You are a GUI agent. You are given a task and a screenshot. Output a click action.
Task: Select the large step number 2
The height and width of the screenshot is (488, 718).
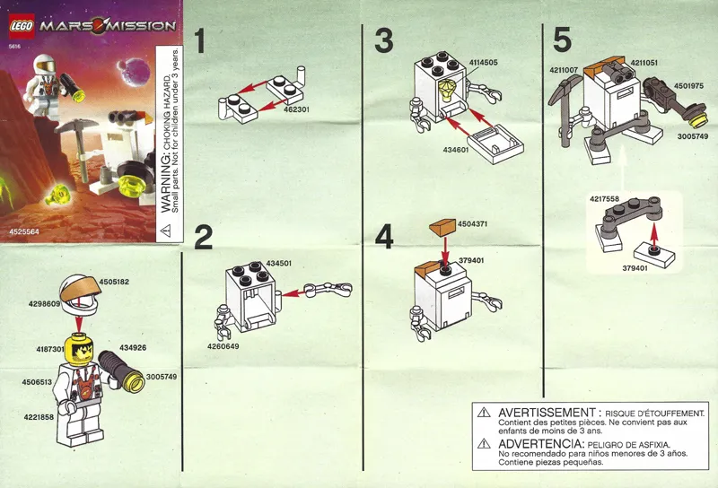click(x=204, y=237)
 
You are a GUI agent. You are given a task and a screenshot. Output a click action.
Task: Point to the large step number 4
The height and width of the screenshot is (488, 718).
click(x=384, y=237)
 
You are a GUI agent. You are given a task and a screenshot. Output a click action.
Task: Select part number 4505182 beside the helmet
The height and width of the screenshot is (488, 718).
click(x=114, y=283)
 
